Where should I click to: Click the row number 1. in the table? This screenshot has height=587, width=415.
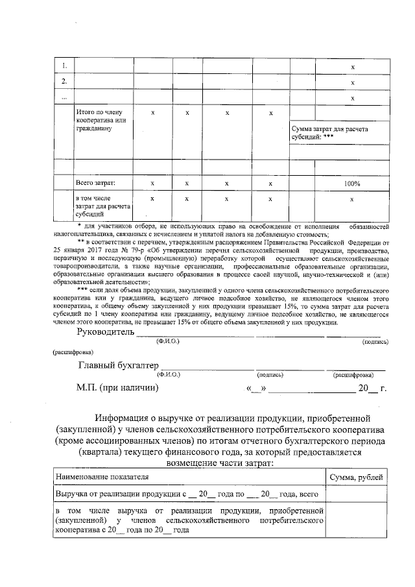tap(64, 66)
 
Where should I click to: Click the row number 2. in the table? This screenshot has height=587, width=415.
tap(64, 82)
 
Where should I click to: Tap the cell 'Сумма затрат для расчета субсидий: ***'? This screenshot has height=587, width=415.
tap(330, 134)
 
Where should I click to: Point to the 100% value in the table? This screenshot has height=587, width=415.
tap(352, 184)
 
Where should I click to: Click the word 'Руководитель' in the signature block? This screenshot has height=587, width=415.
tap(105, 332)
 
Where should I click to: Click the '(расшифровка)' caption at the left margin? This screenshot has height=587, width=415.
tap(73, 352)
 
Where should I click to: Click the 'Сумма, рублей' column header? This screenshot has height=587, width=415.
tap(356, 477)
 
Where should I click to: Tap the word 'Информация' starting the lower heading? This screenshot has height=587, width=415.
tap(124, 417)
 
